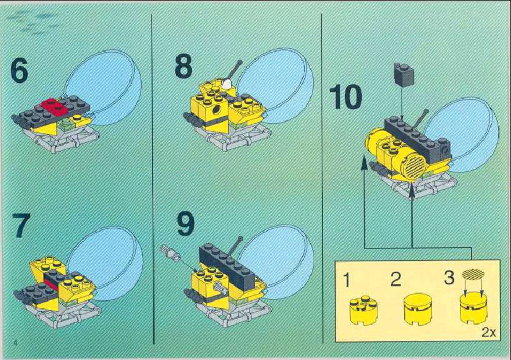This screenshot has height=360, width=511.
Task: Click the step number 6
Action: coord(19,70)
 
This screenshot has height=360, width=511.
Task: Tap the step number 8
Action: coord(183,66)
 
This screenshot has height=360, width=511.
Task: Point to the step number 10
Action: coord(346,96)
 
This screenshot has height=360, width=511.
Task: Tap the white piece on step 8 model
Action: coord(228,83)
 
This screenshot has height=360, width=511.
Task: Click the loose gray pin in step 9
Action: coord(170,252)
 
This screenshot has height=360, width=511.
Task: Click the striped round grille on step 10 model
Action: coord(415,167)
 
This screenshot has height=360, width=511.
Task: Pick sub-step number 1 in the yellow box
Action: coord(347,280)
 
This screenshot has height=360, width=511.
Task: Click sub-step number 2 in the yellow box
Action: coord(395,279)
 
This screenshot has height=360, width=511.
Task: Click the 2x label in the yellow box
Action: coord(488,333)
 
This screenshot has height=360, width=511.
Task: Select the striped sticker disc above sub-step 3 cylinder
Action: coord(473,275)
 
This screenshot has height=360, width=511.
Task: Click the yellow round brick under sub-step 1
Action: coord(364,311)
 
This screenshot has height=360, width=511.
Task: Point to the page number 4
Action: coord(15,343)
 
